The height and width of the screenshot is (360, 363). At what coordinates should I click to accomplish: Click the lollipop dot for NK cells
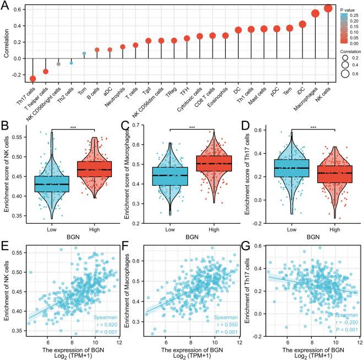[328, 8]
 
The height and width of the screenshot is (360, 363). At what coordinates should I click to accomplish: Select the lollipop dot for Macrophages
[315, 13]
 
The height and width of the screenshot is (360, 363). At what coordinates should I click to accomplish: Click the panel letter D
[247, 126]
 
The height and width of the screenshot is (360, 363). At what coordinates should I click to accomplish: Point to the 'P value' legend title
[346, 10]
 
